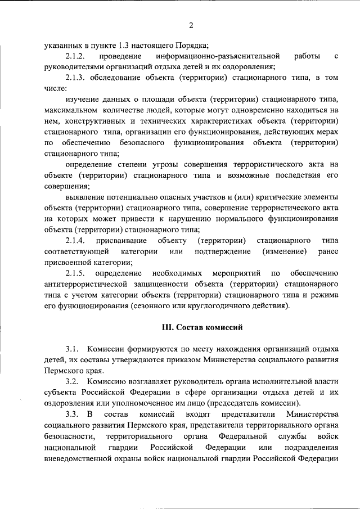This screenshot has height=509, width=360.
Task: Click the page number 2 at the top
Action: [x=191, y=25]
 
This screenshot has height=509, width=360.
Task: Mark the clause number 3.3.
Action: [x=74, y=415]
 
